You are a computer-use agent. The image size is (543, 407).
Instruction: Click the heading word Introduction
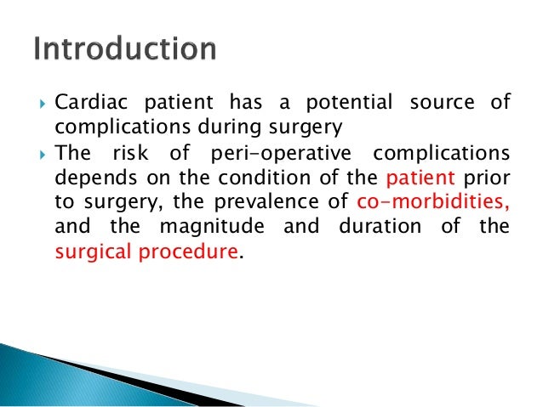click(124, 49)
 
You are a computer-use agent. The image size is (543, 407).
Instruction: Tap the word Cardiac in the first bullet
click(87, 104)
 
